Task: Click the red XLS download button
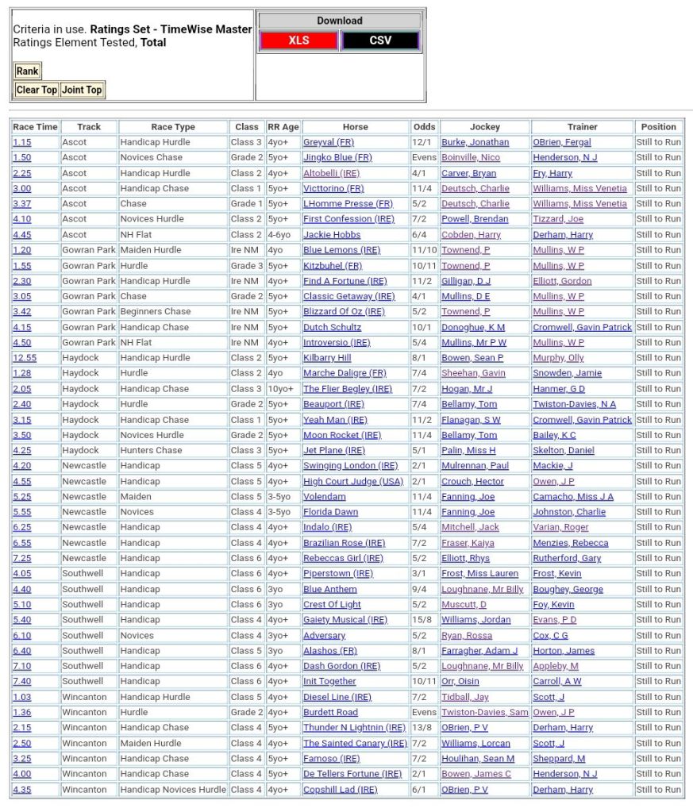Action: (298, 40)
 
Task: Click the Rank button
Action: (27, 71)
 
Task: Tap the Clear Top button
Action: (37, 90)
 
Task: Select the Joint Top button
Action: (82, 90)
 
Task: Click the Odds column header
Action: (424, 127)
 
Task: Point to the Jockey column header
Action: (485, 127)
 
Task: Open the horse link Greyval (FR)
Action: (329, 142)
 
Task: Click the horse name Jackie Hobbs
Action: (332, 235)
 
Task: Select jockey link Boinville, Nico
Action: (471, 158)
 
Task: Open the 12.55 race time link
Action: (24, 358)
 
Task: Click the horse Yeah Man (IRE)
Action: (335, 420)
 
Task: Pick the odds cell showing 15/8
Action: (423, 620)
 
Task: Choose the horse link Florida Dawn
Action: (330, 512)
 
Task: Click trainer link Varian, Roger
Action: (560, 527)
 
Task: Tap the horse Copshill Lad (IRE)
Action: (340, 790)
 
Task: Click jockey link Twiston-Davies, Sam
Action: (484, 713)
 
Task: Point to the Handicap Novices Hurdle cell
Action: (173, 790)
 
